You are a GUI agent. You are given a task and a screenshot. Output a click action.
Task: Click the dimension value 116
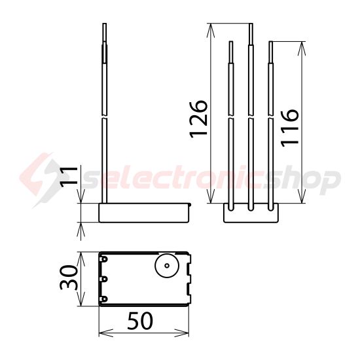(289, 128)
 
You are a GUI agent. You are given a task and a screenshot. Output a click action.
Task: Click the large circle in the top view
(166, 266)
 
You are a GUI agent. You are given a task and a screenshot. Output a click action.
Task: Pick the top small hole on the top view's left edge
(103, 259)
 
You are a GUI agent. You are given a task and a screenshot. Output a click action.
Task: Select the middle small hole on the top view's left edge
(103, 279)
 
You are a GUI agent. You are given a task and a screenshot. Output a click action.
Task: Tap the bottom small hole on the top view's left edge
(103, 299)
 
